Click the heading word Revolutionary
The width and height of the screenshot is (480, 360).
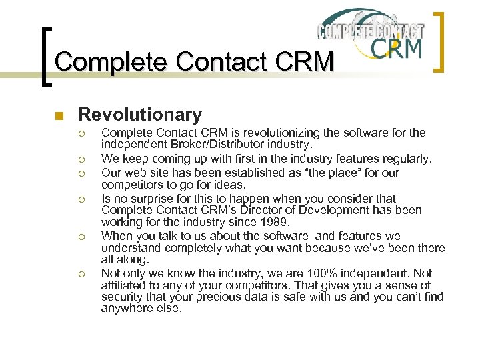point(140,115)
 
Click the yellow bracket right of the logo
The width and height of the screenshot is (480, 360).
point(439,41)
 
